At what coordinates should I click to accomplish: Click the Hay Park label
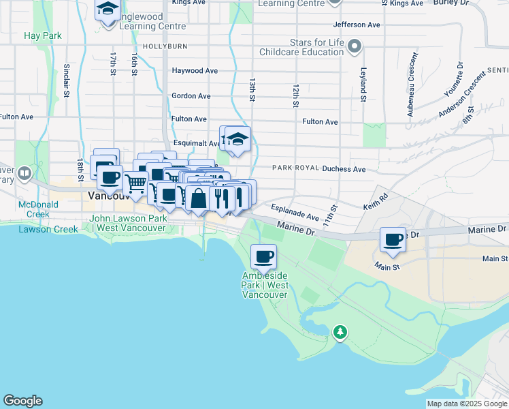(x=42, y=35)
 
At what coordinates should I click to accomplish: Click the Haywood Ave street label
(x=195, y=70)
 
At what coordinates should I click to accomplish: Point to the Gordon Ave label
(x=191, y=96)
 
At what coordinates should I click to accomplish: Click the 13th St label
(x=252, y=89)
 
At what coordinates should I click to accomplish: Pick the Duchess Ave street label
(x=344, y=168)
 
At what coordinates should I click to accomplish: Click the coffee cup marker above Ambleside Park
(x=263, y=257)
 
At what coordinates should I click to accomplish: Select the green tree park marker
(x=340, y=332)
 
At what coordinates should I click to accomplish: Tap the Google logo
(x=22, y=401)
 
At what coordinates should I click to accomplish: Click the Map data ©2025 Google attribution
(x=467, y=404)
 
